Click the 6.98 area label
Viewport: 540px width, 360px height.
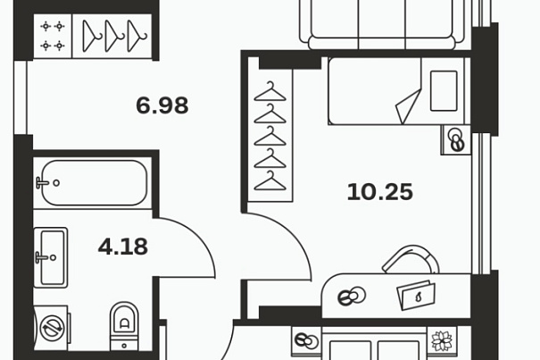(x=162, y=105)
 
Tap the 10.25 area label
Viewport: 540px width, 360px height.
(x=380, y=192)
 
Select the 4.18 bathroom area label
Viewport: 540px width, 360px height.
(x=123, y=247)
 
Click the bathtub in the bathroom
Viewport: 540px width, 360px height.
(x=94, y=183)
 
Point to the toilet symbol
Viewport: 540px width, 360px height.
(x=124, y=327)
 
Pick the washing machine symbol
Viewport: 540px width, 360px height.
(x=52, y=328)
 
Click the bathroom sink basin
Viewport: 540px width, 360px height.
(x=51, y=257)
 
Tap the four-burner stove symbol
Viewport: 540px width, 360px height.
(x=53, y=36)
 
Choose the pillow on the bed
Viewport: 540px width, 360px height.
(x=444, y=91)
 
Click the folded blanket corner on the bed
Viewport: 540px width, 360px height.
(x=409, y=107)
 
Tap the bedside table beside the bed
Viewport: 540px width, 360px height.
(x=456, y=139)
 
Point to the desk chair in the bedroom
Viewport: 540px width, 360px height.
(x=411, y=259)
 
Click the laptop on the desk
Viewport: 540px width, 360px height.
(x=416, y=296)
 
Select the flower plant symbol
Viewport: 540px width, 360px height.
(x=442, y=340)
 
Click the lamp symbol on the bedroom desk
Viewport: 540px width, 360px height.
(x=352, y=297)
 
